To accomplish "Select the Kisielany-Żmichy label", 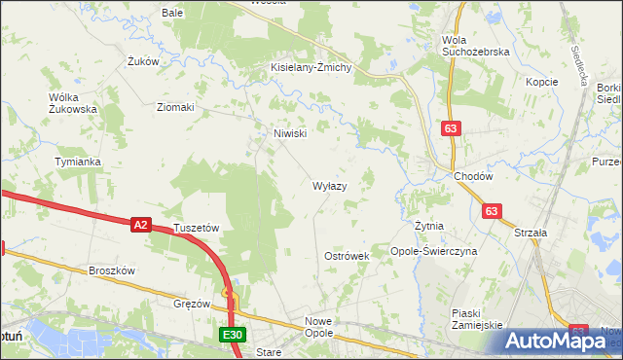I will (317, 67).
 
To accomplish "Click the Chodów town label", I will (474, 176).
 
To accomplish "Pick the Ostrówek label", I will (347, 256).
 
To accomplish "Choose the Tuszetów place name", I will (197, 228).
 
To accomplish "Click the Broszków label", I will (111, 270).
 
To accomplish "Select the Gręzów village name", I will (193, 304).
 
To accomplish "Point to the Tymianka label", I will (78, 162).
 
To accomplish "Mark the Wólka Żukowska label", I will (73, 103).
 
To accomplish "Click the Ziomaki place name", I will (176, 107).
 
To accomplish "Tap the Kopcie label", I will (541, 82).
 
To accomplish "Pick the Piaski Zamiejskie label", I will (476, 319).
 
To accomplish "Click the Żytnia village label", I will (428, 226).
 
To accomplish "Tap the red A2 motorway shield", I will (140, 225).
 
